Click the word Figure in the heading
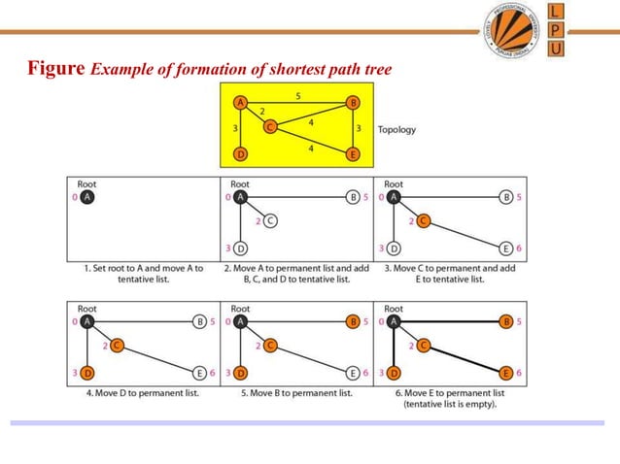pos(57,69)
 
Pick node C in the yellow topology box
pos(270,125)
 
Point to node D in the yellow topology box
pos(240,153)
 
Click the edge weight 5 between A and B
pos(297,95)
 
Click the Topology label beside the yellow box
pos(396,128)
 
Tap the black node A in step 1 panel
pos(87,197)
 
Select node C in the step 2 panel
pos(271,221)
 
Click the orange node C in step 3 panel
pos(424,221)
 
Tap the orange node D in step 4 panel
pos(87,373)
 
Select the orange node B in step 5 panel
pos(354,321)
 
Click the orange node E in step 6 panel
pos(506,373)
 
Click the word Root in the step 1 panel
pos(86,183)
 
